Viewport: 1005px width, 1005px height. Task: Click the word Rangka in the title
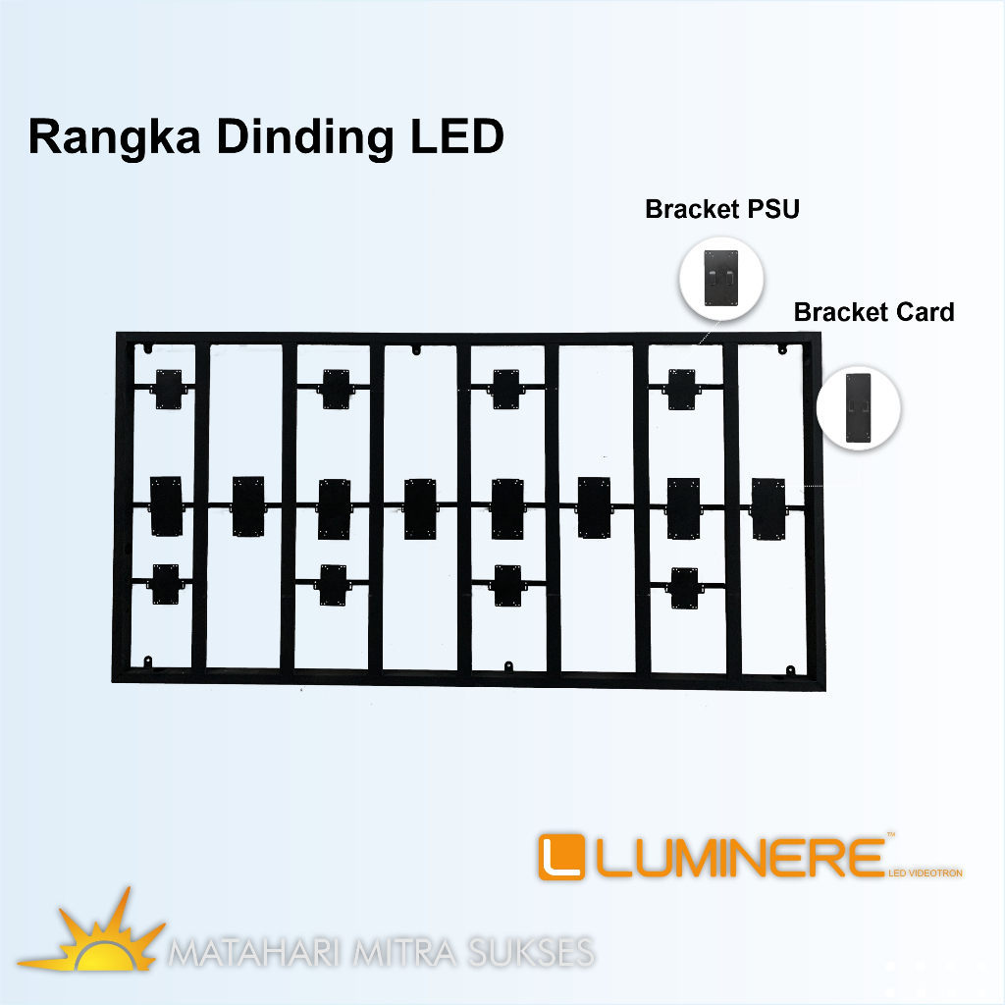(x=114, y=137)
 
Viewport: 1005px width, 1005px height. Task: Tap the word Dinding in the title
(x=301, y=137)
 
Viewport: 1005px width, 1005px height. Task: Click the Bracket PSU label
(x=721, y=209)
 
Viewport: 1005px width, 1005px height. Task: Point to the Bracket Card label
(x=873, y=312)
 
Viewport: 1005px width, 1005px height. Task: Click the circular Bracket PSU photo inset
(x=721, y=276)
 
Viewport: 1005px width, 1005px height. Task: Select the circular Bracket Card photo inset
(x=859, y=408)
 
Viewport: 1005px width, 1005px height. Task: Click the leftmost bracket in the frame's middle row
(x=167, y=505)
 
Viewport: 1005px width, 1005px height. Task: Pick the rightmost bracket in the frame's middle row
(x=768, y=506)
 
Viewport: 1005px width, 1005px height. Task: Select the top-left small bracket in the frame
(x=167, y=390)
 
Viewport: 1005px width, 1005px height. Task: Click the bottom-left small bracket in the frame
(x=166, y=584)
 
